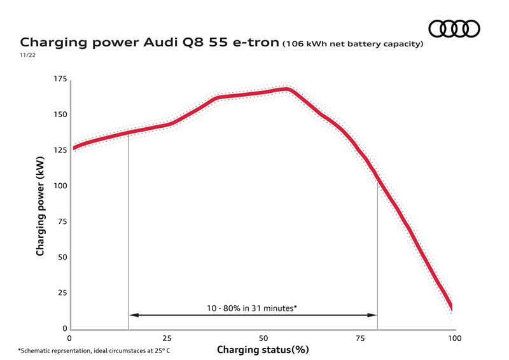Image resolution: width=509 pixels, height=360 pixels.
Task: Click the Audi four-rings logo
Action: (x=454, y=29)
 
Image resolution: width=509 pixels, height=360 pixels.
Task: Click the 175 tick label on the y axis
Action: (x=60, y=79)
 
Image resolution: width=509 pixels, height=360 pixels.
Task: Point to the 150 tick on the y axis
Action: (x=60, y=114)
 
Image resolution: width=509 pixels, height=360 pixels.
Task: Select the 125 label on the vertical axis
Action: (x=60, y=150)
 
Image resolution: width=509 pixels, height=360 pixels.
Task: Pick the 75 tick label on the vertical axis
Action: (x=62, y=221)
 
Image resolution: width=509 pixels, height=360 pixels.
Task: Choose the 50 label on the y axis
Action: (x=62, y=257)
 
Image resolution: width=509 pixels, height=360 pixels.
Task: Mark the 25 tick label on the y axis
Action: (x=62, y=293)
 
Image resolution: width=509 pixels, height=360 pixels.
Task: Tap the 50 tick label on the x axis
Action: (x=263, y=338)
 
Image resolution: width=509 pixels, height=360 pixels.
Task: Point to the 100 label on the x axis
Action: (x=455, y=338)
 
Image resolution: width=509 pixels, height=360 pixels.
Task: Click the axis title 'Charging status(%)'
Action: (x=263, y=350)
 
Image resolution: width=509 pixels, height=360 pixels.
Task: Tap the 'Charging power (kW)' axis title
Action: (x=40, y=204)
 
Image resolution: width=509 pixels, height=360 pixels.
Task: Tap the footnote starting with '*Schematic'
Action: (x=94, y=350)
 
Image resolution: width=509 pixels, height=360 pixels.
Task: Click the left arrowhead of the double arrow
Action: (x=132, y=314)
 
